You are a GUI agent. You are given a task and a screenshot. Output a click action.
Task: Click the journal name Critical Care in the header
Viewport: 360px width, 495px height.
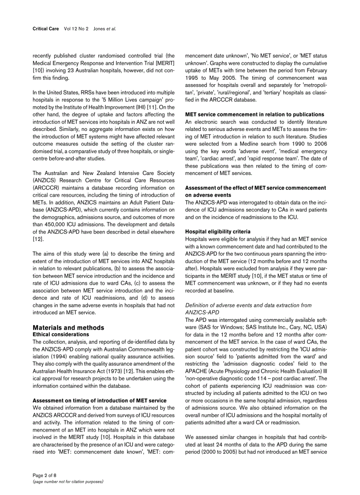tap(46, 29)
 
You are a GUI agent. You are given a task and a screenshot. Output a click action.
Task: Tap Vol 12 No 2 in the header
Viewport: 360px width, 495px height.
tap(76, 29)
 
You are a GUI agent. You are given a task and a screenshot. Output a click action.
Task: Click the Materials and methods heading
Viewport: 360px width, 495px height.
tap(68, 328)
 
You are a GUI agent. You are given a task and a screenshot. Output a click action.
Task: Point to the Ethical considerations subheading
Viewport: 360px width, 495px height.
tap(61, 335)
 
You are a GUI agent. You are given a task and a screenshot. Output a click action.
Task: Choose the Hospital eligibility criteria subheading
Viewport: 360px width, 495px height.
tap(218, 231)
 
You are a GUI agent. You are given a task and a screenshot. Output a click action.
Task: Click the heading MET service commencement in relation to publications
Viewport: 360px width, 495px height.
tap(255, 115)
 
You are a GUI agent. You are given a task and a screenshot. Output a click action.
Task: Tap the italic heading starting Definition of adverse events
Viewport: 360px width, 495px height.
tap(248, 305)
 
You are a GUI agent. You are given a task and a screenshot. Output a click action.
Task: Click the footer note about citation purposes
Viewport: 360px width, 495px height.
tap(68, 481)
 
